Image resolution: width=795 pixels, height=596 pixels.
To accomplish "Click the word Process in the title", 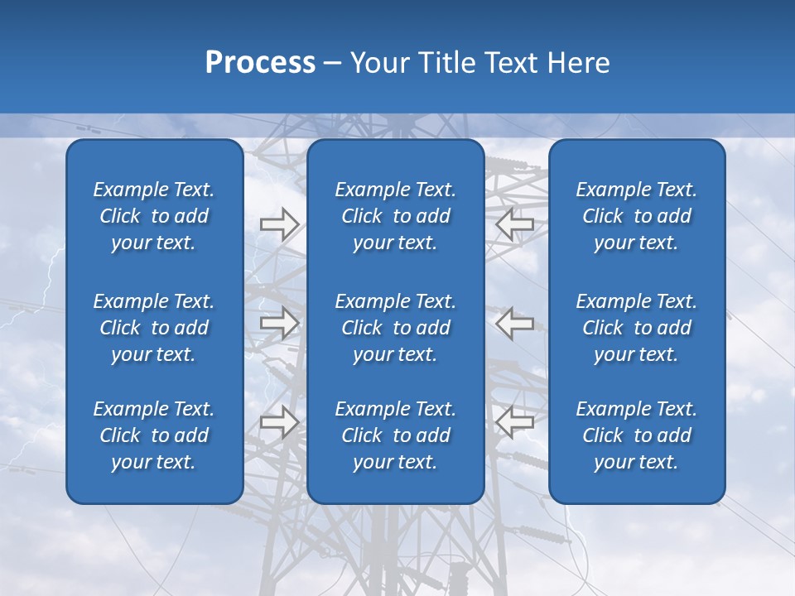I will [x=260, y=63].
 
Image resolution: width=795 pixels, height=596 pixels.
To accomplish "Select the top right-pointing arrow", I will [x=279, y=224].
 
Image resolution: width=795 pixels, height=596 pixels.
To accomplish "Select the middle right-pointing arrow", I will [x=279, y=323].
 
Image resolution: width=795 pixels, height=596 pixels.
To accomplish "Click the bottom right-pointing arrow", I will [x=279, y=421].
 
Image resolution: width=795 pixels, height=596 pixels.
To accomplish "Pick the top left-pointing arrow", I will [x=514, y=224].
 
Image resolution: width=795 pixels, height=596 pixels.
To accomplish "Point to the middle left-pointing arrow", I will [x=514, y=323].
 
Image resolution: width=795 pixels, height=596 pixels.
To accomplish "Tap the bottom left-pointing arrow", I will [x=514, y=421].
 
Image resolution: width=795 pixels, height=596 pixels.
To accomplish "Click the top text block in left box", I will [x=154, y=216].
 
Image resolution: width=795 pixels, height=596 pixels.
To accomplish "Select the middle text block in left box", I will [x=154, y=328].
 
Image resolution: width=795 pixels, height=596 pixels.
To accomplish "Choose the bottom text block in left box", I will [x=154, y=435].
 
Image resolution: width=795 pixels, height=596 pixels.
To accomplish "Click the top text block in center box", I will [x=395, y=216].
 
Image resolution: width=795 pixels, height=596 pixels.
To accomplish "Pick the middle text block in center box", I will [x=395, y=328].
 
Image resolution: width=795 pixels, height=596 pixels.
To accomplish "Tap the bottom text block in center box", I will [x=395, y=435].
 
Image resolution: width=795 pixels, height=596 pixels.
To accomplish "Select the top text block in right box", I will [x=636, y=216].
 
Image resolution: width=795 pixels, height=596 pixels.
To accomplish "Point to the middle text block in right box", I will [x=636, y=328].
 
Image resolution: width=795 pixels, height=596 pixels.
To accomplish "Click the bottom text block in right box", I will [x=636, y=435].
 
